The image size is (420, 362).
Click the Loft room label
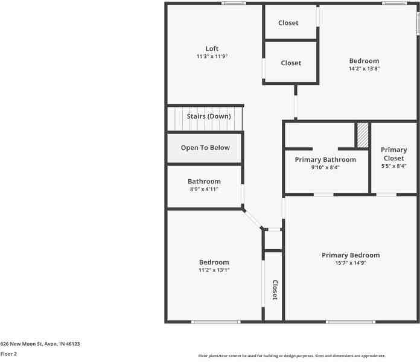pyautogui.click(x=212, y=49)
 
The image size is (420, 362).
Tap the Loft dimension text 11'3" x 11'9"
pyautogui.click(x=212, y=57)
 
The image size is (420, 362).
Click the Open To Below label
pyautogui.click(x=205, y=148)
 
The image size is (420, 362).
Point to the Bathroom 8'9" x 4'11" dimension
pyautogui.click(x=204, y=189)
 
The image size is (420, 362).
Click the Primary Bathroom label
pyautogui.click(x=325, y=160)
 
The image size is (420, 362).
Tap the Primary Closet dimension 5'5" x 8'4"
pyautogui.click(x=394, y=167)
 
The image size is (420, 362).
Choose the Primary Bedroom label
pyautogui.click(x=351, y=255)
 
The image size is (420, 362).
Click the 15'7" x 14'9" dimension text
pyautogui.click(x=351, y=263)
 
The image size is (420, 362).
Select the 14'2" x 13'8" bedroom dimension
pyautogui.click(x=364, y=69)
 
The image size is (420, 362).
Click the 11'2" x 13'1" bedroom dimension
pyautogui.click(x=214, y=270)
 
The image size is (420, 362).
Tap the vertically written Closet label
pyautogui.click(x=274, y=290)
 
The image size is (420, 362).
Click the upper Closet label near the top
pyautogui.click(x=288, y=23)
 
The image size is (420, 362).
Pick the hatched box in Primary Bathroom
pyautogui.click(x=362, y=135)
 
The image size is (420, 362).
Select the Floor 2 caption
pyautogui.click(x=8, y=354)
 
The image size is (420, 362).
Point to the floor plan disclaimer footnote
pyautogui.click(x=292, y=356)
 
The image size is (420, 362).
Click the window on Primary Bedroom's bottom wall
pyautogui.click(x=342, y=322)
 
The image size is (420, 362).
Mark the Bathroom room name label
pyautogui.click(x=204, y=182)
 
